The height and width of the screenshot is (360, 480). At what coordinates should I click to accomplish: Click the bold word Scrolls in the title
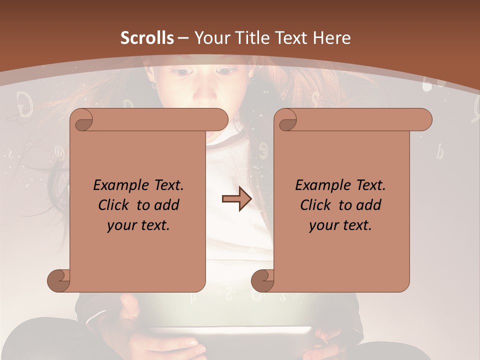pyautogui.click(x=147, y=38)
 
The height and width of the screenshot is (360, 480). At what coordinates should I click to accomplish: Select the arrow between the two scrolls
pyautogui.click(x=236, y=199)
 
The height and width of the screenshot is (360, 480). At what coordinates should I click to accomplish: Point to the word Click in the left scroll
pyautogui.click(x=116, y=205)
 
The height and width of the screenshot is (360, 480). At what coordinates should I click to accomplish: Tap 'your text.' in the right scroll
pyautogui.click(x=340, y=225)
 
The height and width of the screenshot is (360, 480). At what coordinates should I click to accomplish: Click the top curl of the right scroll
pyautogui.click(x=286, y=120)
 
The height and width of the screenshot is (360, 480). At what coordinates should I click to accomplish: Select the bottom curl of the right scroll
pyautogui.click(x=262, y=280)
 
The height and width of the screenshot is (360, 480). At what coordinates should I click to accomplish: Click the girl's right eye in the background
pyautogui.click(x=228, y=71)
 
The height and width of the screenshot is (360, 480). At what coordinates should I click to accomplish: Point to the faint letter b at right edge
pyautogui.click(x=439, y=151)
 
